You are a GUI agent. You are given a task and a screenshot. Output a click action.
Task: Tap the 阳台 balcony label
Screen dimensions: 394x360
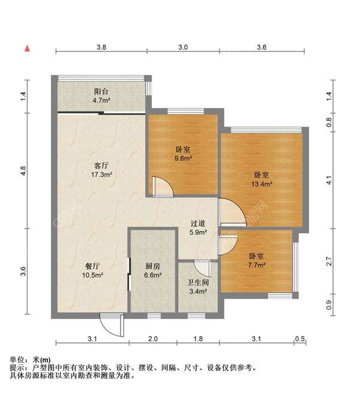click(x=101, y=92)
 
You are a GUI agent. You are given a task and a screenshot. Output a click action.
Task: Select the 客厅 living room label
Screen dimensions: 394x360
click(x=101, y=165)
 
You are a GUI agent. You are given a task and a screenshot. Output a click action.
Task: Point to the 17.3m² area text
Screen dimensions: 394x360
click(x=101, y=175)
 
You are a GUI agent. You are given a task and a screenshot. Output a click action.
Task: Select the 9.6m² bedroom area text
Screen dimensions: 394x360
click(x=183, y=159)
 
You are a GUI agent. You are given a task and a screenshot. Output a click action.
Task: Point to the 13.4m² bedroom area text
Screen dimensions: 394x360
click(x=261, y=184)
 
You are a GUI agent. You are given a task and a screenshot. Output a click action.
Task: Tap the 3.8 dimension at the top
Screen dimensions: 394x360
click(x=101, y=47)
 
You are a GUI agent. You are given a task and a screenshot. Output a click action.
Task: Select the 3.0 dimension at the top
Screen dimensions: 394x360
click(x=183, y=47)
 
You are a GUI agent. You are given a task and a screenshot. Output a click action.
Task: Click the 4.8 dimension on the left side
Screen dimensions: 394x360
click(x=23, y=171)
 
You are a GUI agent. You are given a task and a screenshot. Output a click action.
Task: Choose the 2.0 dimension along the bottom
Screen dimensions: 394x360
click(x=153, y=339)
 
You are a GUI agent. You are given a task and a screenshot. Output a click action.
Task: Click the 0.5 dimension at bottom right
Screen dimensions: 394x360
click(x=299, y=339)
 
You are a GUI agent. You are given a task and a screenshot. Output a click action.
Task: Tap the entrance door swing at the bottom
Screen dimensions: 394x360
click(x=110, y=326)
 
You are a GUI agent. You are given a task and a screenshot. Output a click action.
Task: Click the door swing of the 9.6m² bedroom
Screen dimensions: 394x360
click(x=163, y=187)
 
